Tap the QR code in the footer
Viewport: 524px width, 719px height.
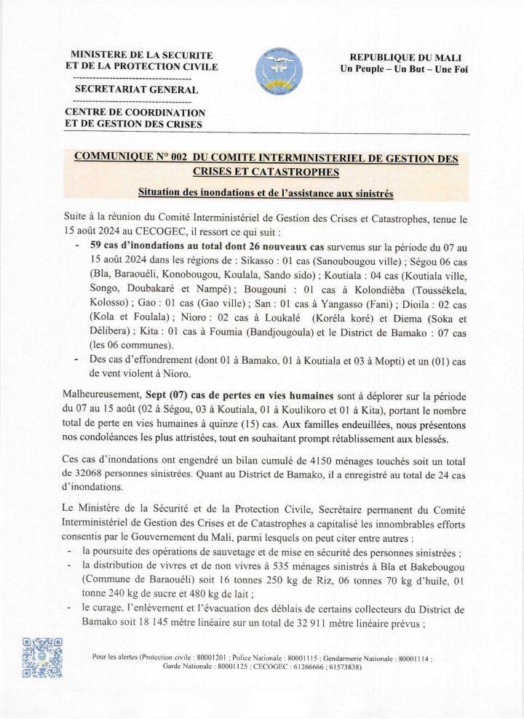tap(42, 657)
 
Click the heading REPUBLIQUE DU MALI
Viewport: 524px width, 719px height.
tap(405, 57)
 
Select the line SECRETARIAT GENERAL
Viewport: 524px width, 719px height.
tap(131, 90)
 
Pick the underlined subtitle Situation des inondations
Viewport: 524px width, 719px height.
tap(266, 194)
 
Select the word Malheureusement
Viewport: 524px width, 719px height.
tap(106, 395)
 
